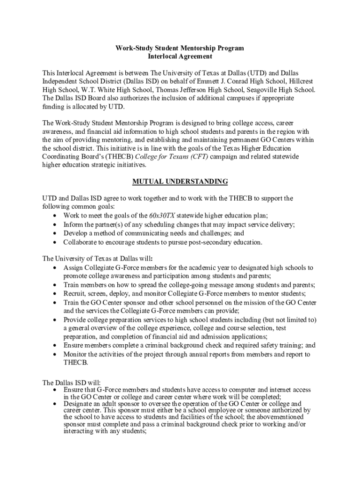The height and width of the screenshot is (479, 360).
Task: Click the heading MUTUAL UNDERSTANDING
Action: (180, 181)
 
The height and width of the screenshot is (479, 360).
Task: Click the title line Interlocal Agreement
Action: (180, 56)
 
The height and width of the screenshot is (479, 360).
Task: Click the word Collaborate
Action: (80, 242)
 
